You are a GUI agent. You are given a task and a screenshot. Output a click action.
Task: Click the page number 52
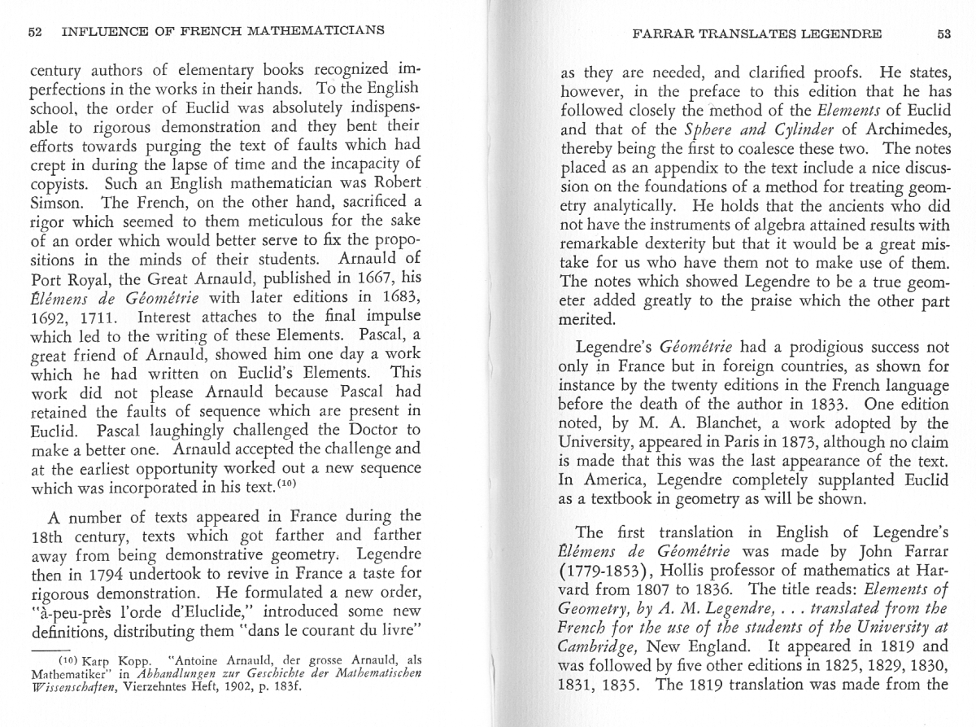point(34,33)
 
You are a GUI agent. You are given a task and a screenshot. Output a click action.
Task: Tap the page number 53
point(943,34)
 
